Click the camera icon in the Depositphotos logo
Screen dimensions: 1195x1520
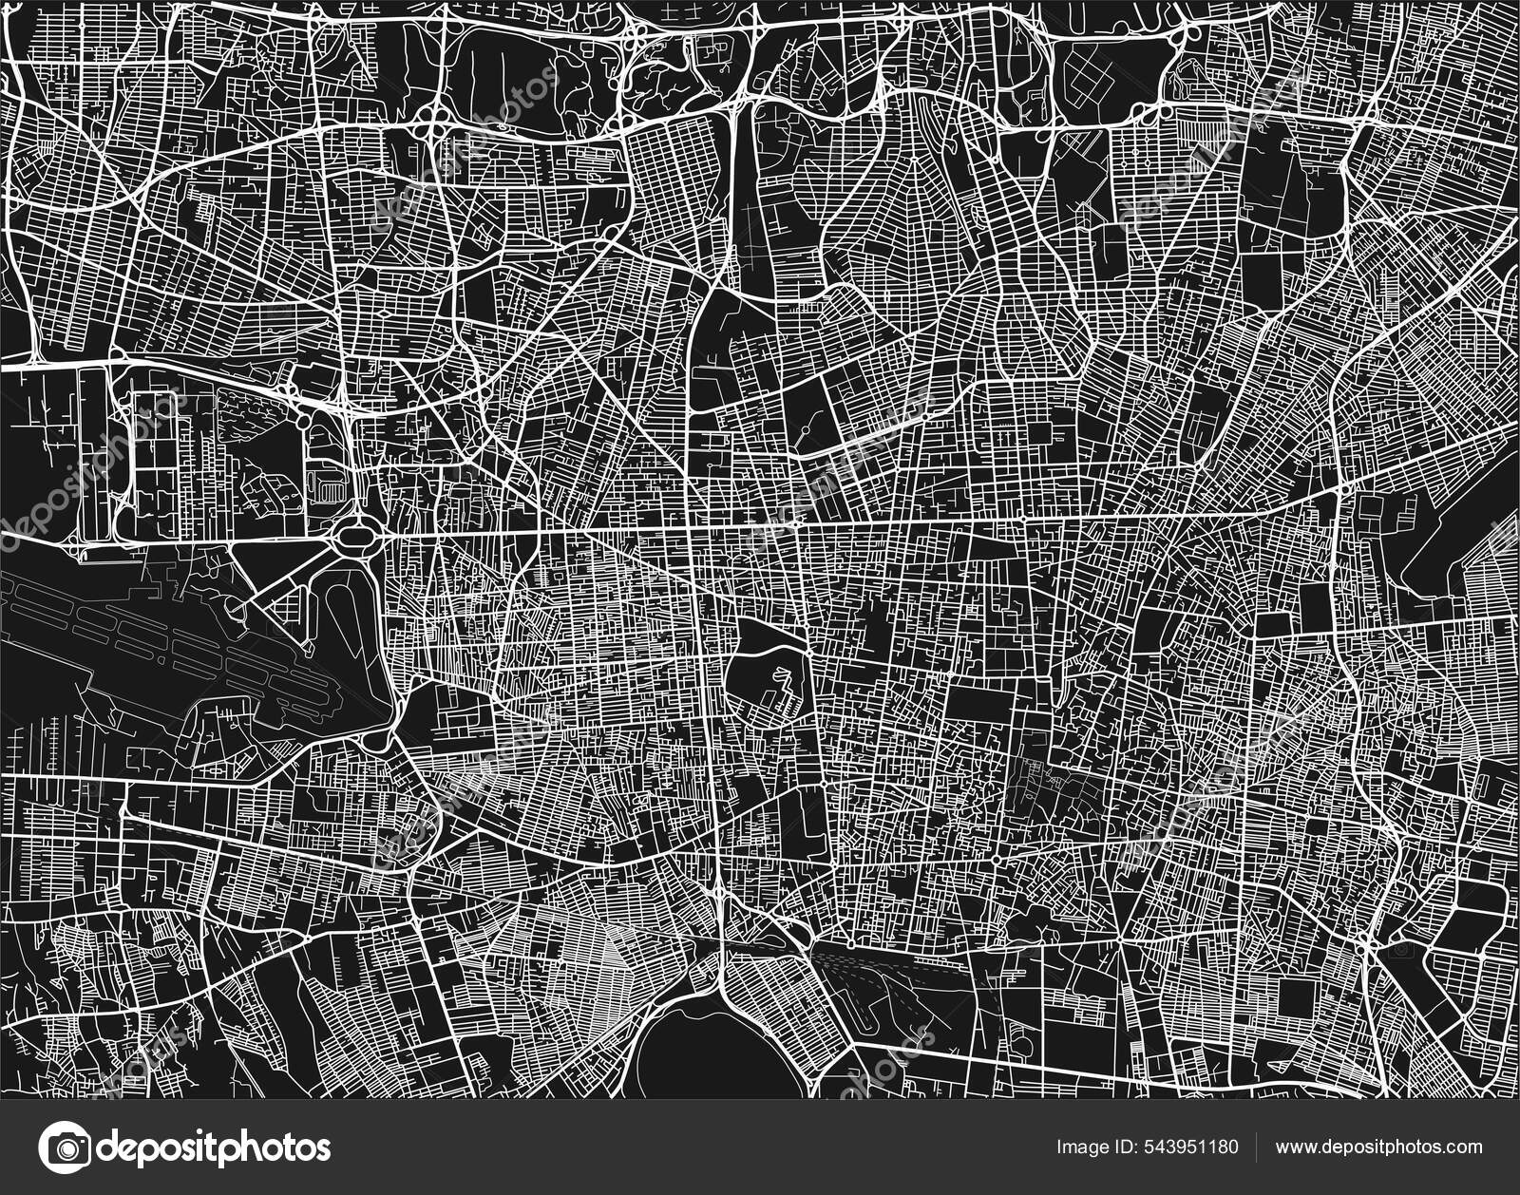(x=67, y=1147)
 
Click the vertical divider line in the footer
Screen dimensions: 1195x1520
(x=1258, y=1148)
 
